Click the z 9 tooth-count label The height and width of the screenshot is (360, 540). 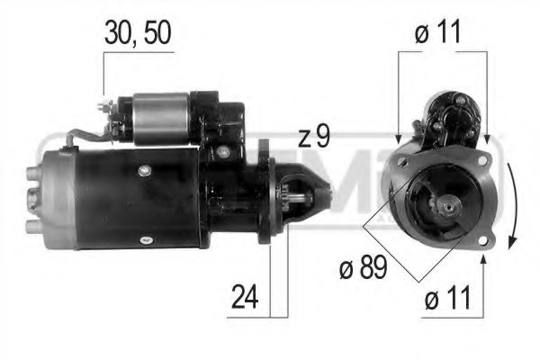[314, 138]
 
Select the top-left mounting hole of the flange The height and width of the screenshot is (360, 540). [403, 162]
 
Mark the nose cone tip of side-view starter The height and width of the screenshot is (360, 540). [328, 191]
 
